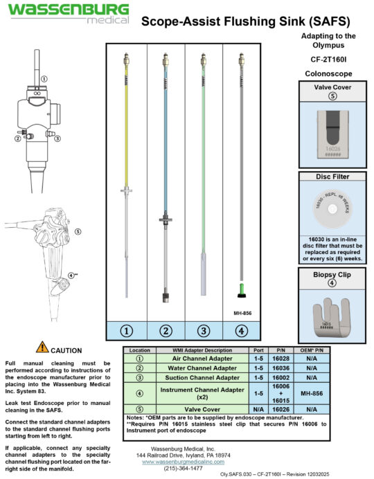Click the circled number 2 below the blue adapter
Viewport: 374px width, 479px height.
pos(165,330)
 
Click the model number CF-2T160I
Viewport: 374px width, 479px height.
pos(329,60)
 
